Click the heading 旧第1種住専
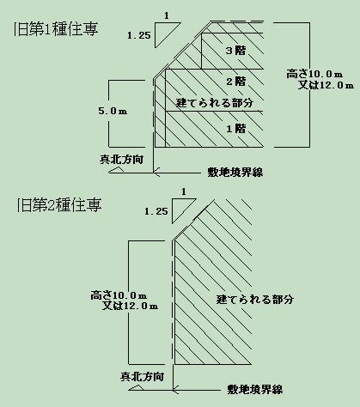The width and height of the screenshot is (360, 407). tap(56, 29)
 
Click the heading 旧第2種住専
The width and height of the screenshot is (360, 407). tap(59, 205)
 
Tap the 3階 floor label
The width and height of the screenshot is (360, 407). tap(235, 51)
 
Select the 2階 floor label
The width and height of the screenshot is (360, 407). tap(236, 82)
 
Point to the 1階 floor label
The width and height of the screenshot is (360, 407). tap(236, 129)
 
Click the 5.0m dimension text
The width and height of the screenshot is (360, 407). tap(113, 111)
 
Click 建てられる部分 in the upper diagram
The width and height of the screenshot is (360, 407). tap(215, 103)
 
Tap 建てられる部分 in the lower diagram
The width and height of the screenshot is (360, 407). tap(255, 300)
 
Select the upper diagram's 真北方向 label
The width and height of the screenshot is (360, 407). tap(121, 160)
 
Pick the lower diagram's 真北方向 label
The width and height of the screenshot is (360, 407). tap(142, 376)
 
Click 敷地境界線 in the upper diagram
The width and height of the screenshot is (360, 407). tap(235, 173)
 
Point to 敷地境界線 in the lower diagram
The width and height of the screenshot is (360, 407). tap(255, 389)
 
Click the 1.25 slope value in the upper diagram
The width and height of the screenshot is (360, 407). tap(139, 35)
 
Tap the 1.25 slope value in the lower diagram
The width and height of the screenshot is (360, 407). tap(156, 211)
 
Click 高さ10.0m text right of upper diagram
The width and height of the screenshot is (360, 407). tap(314, 74)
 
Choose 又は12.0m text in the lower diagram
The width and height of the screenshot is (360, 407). tap(130, 306)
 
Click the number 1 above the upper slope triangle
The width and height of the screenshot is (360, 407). tap(167, 16)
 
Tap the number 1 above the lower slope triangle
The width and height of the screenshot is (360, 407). tap(184, 191)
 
